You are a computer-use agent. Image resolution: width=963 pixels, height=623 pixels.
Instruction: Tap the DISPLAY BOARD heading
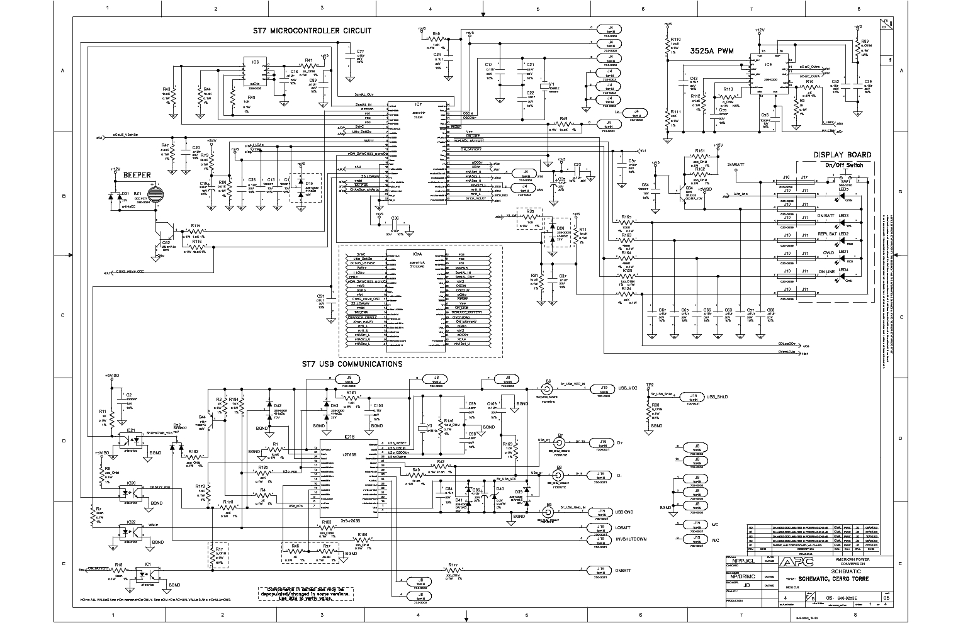(842, 155)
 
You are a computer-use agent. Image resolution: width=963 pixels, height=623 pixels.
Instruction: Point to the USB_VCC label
(628, 388)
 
